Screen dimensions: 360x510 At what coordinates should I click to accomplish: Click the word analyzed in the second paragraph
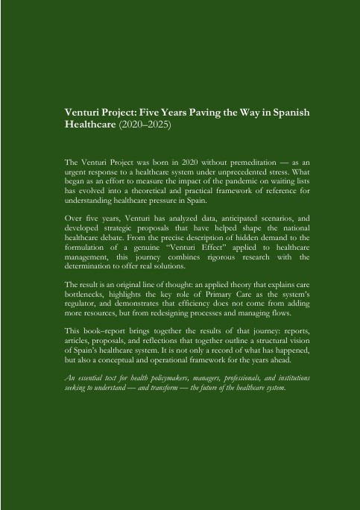[x=174, y=218]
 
